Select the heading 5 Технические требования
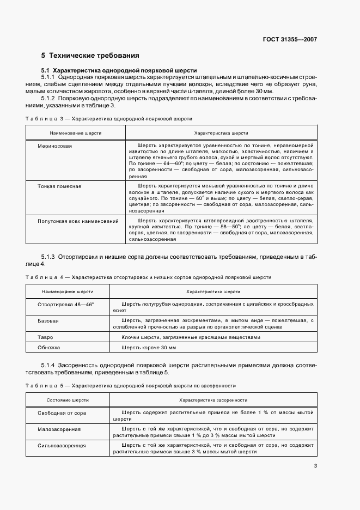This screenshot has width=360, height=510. pos(90,56)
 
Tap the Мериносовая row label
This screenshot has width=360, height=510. pos(54,146)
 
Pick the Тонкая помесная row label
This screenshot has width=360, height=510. pos(59,186)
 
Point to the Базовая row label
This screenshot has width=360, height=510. pos(48,321)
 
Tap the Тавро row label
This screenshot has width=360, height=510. pos(45,337)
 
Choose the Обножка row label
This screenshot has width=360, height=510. pos(48,347)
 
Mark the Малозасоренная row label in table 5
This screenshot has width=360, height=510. pos(59,429)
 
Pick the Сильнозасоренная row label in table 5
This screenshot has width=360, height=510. pos(62,445)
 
